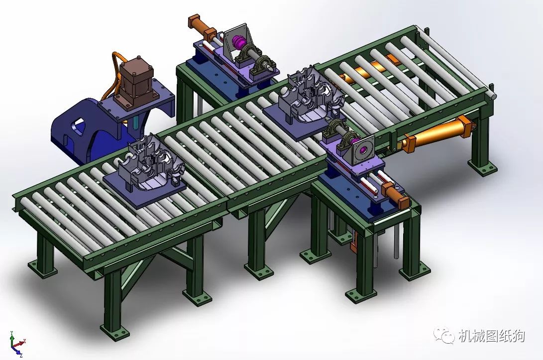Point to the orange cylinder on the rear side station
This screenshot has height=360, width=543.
(x=201, y=26)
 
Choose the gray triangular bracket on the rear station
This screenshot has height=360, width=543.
(x=230, y=43)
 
